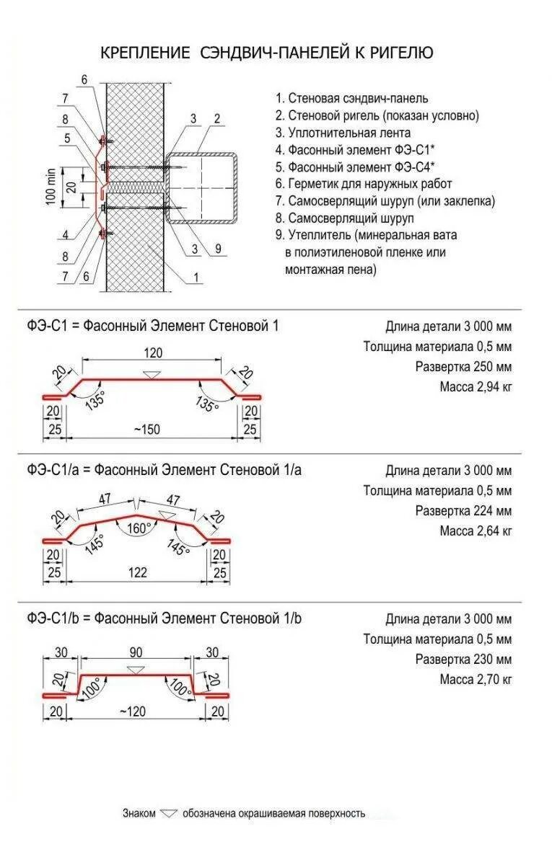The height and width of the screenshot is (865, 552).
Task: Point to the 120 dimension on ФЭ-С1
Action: coord(153,353)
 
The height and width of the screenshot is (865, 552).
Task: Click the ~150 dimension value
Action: coord(146,430)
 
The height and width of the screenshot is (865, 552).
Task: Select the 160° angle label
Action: coord(139,528)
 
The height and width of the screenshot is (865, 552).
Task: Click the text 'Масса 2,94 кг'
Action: coord(476,387)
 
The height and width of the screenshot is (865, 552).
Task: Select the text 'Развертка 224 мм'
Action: coord(463,511)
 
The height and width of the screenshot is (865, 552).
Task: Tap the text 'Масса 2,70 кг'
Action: coord(476,679)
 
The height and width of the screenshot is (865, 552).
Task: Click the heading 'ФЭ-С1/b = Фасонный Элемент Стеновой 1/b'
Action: coord(165,618)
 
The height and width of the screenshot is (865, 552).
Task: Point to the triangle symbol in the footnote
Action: coord(169,813)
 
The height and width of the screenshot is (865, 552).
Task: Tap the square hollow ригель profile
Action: coord(201,187)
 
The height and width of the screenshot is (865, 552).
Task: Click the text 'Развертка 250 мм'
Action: coord(463,367)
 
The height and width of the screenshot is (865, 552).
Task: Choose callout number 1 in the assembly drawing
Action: coord(196,276)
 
